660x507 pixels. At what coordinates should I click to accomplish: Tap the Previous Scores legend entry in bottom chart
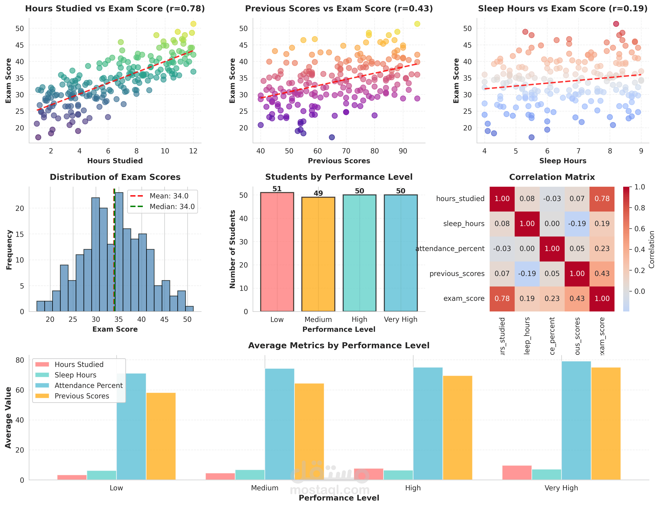81,396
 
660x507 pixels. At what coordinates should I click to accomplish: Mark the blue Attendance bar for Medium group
279,424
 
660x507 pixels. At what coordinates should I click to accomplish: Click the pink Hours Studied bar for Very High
517,473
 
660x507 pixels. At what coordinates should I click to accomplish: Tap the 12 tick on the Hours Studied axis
193,151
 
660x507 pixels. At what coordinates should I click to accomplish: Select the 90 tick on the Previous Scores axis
403,151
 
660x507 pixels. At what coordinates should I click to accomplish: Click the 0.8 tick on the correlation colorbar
639,208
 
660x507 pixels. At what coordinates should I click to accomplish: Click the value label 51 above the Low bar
277,189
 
